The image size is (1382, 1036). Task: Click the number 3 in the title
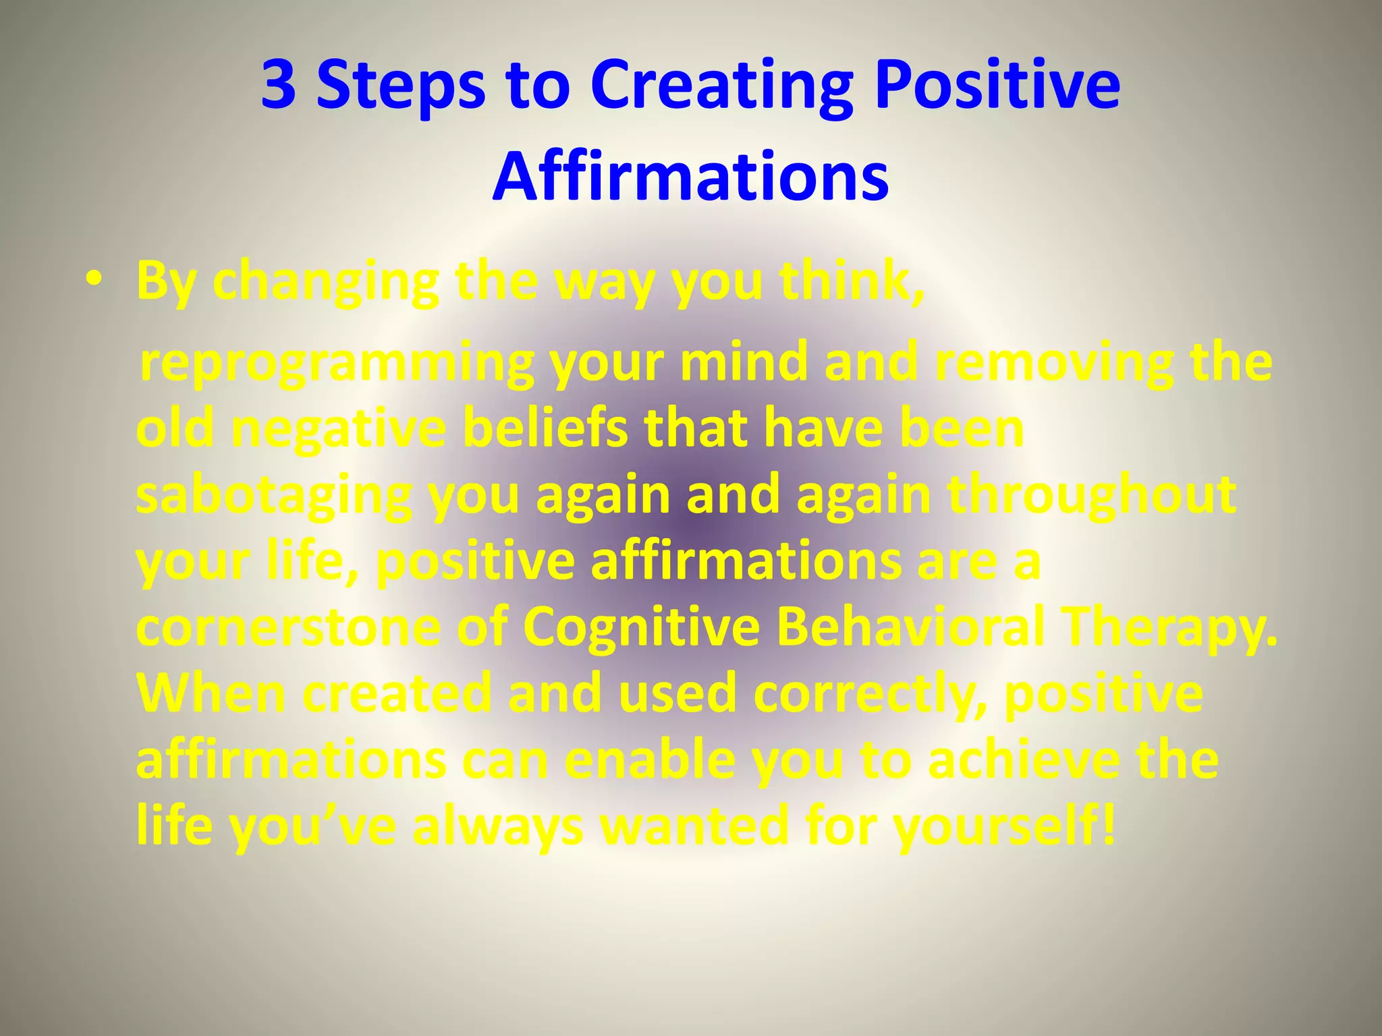(x=279, y=86)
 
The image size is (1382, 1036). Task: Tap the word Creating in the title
(x=721, y=86)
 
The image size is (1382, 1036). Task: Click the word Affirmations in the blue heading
(x=690, y=176)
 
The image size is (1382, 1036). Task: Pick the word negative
(x=338, y=430)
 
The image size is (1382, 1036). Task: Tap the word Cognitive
(x=641, y=627)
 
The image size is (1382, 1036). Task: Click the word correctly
(x=871, y=695)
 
